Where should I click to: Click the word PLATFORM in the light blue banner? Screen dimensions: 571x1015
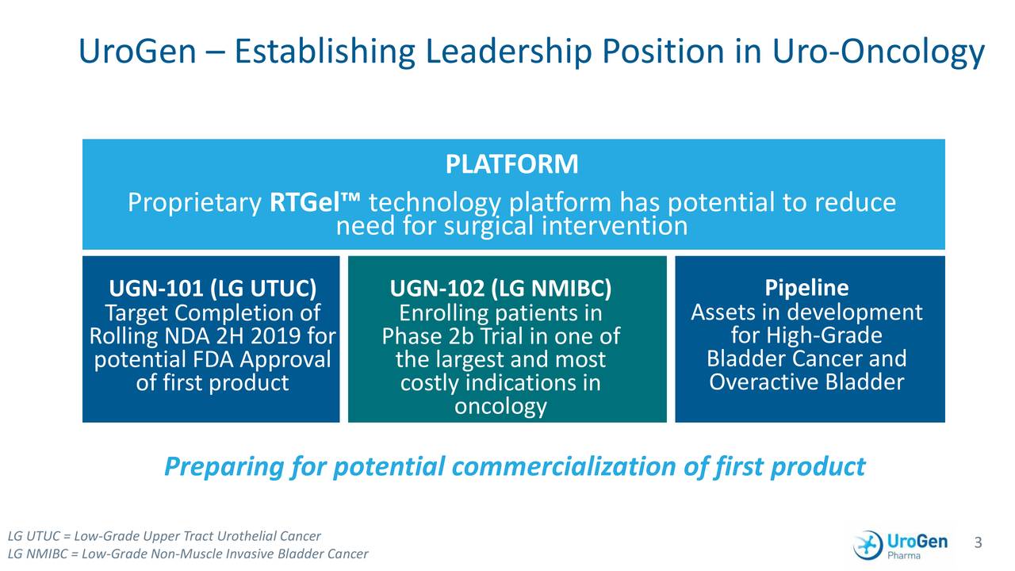pyautogui.click(x=511, y=165)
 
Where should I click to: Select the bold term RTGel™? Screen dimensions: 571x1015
pyautogui.click(x=315, y=204)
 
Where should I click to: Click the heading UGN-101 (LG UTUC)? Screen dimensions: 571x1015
pyautogui.click(x=212, y=287)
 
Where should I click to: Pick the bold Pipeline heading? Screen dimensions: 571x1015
pyautogui.click(x=806, y=287)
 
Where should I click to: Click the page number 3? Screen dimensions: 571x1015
pyautogui.click(x=978, y=542)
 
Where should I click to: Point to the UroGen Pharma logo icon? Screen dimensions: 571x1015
pyautogui.click(x=868, y=545)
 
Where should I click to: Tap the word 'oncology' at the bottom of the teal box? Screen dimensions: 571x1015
pyautogui.click(x=500, y=407)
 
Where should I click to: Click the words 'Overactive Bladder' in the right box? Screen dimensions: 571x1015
pyautogui.click(x=806, y=383)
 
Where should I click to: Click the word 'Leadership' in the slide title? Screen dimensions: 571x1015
pyautogui.click(x=508, y=53)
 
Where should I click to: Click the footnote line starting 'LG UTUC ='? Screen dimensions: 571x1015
pyautogui.click(x=164, y=536)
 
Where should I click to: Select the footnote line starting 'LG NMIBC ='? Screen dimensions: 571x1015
pyautogui.click(x=188, y=554)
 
